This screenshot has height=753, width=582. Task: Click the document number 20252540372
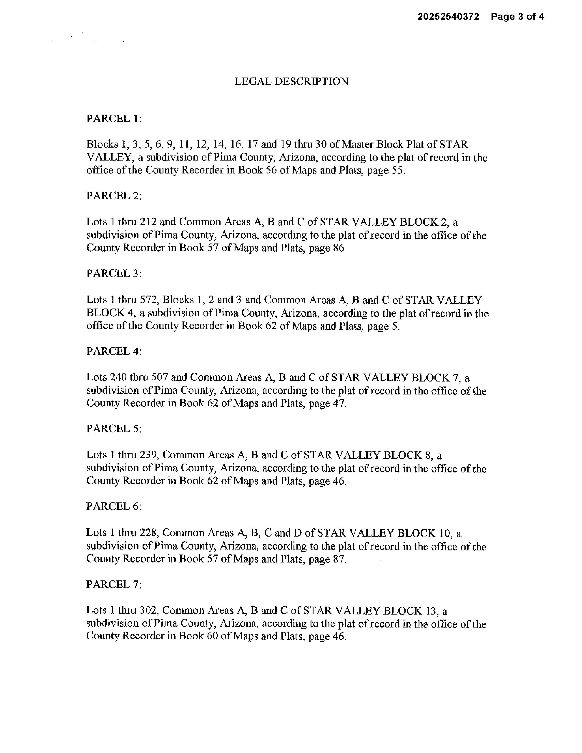click(448, 17)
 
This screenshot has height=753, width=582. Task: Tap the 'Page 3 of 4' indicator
click(517, 17)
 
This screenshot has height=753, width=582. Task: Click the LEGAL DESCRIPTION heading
click(291, 82)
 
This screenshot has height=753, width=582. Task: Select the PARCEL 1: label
click(114, 119)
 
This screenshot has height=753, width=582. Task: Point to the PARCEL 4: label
click(114, 351)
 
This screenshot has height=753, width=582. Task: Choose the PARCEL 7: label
click(114, 584)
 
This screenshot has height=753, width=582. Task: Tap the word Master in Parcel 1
click(359, 144)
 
